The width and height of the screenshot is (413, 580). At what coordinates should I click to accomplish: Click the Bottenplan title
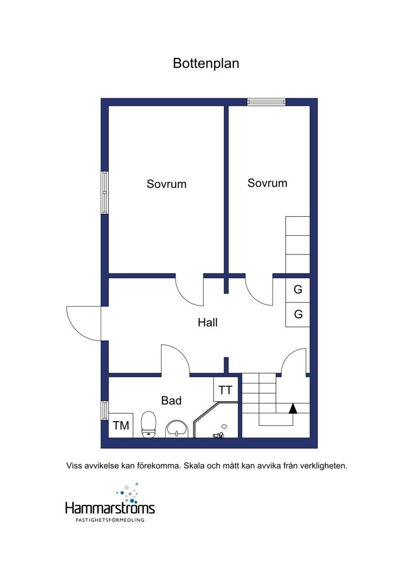pyautogui.click(x=206, y=63)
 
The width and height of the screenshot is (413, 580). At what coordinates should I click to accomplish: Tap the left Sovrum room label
pyautogui.click(x=167, y=184)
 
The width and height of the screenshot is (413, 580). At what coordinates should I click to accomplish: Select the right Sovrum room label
pyautogui.click(x=267, y=183)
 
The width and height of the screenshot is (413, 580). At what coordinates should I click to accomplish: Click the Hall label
pyautogui.click(x=208, y=322)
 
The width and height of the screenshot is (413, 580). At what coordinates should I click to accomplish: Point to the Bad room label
pyautogui.click(x=171, y=400)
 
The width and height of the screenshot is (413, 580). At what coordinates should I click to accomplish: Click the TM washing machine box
pyautogui.click(x=121, y=425)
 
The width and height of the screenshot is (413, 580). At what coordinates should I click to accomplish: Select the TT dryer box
pyautogui.click(x=226, y=390)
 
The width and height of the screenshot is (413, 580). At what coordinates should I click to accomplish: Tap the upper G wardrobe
pyautogui.click(x=297, y=289)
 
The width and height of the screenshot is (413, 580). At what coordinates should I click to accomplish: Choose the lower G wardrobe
pyautogui.click(x=297, y=314)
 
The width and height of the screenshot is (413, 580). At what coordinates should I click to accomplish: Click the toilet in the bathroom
pyautogui.click(x=149, y=424)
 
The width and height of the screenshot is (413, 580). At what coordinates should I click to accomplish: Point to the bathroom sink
pyautogui.click(x=177, y=429)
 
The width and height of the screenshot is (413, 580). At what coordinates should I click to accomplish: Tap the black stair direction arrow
pyautogui.click(x=293, y=408)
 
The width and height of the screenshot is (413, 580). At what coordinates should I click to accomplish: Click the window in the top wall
pyautogui.click(x=266, y=102)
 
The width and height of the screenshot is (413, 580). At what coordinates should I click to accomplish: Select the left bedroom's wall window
pyautogui.click(x=105, y=192)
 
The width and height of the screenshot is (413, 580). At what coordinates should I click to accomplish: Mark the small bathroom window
pyautogui.click(x=105, y=410)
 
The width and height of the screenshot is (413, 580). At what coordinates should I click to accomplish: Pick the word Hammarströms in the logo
pyautogui.click(x=110, y=508)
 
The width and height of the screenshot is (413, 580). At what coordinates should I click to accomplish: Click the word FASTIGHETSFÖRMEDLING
pyautogui.click(x=110, y=520)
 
